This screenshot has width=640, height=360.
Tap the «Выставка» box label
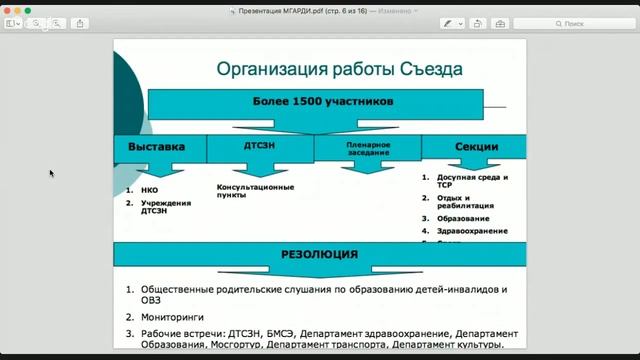[157, 147]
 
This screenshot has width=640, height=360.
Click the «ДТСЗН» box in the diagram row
[259, 147]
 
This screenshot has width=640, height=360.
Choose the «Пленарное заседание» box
[367, 147]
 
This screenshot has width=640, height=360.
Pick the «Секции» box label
[476, 147]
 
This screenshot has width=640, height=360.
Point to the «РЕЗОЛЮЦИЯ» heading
[319, 254]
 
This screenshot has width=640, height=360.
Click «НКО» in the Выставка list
[150, 189]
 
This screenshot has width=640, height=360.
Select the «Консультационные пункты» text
[255, 191]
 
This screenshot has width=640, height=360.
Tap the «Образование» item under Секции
[463, 218]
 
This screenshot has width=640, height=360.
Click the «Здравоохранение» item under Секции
[472, 231]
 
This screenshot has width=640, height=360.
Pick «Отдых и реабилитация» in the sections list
[466, 201]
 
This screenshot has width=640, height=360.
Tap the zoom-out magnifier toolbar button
[37, 22]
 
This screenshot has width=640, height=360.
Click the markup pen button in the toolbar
[450, 22]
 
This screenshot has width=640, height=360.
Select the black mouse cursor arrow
[52, 173]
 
